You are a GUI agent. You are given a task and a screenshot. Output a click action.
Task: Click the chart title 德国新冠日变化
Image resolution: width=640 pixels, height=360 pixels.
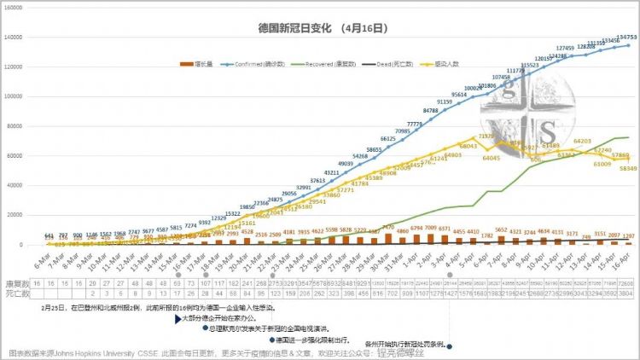coord(294,28)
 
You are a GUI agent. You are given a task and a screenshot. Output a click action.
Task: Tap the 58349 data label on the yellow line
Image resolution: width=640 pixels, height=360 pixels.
coord(628,169)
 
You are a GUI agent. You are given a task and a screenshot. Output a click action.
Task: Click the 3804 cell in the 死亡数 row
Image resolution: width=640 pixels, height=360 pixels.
coord(628,293)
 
